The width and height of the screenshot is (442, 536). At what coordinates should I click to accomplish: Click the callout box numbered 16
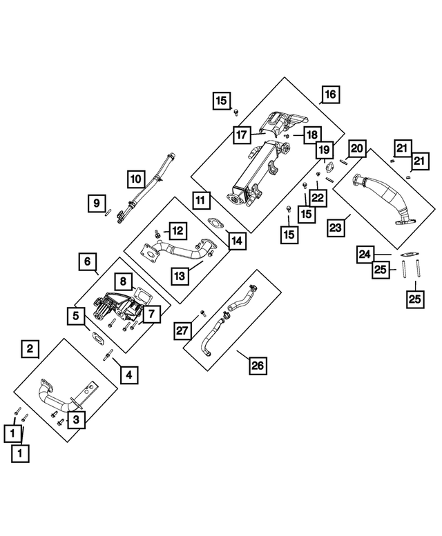[331, 95]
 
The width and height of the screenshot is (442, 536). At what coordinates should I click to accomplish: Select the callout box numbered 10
[136, 179]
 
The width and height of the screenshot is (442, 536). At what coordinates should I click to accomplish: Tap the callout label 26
[258, 366]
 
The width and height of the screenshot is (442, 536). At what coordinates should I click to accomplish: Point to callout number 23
[336, 228]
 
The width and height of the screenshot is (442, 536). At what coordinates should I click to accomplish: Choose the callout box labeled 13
[180, 275]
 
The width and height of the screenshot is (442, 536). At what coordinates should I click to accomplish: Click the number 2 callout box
[30, 348]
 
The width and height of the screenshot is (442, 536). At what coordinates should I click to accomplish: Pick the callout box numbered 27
[182, 330]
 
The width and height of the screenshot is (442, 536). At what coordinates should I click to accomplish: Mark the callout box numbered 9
[97, 204]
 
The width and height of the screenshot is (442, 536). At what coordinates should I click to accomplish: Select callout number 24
[365, 255]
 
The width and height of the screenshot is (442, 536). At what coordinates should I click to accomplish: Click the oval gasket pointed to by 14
[215, 223]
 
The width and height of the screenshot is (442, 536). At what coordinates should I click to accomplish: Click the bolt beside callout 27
[203, 312]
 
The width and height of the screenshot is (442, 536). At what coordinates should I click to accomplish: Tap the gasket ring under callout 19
[329, 168]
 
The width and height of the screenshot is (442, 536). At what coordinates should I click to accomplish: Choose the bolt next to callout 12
[157, 234]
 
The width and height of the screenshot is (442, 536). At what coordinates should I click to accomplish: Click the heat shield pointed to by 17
[282, 123]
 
